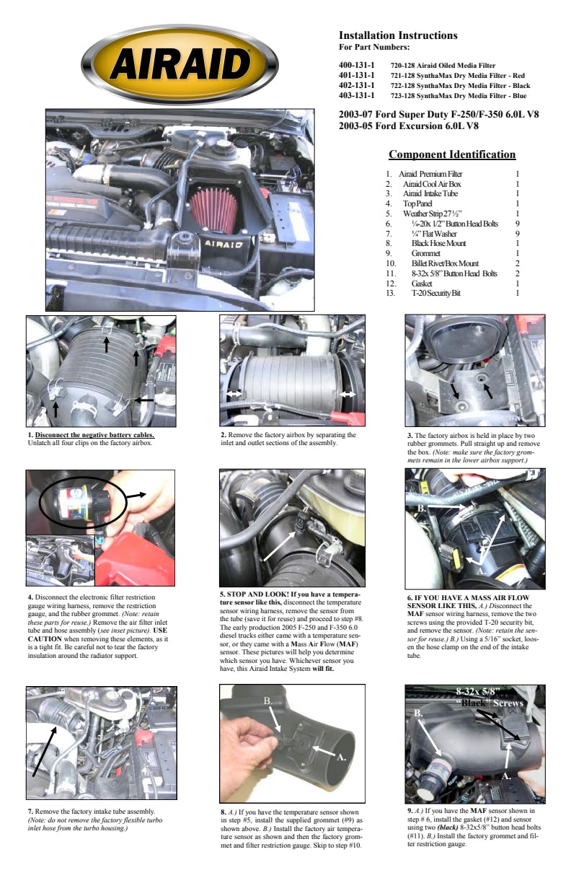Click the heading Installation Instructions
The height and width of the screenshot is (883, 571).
[x=398, y=35]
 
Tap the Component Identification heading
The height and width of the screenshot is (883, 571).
[x=452, y=154]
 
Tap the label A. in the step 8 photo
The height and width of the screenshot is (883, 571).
[x=341, y=757]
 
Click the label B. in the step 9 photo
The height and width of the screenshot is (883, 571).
[x=417, y=713]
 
